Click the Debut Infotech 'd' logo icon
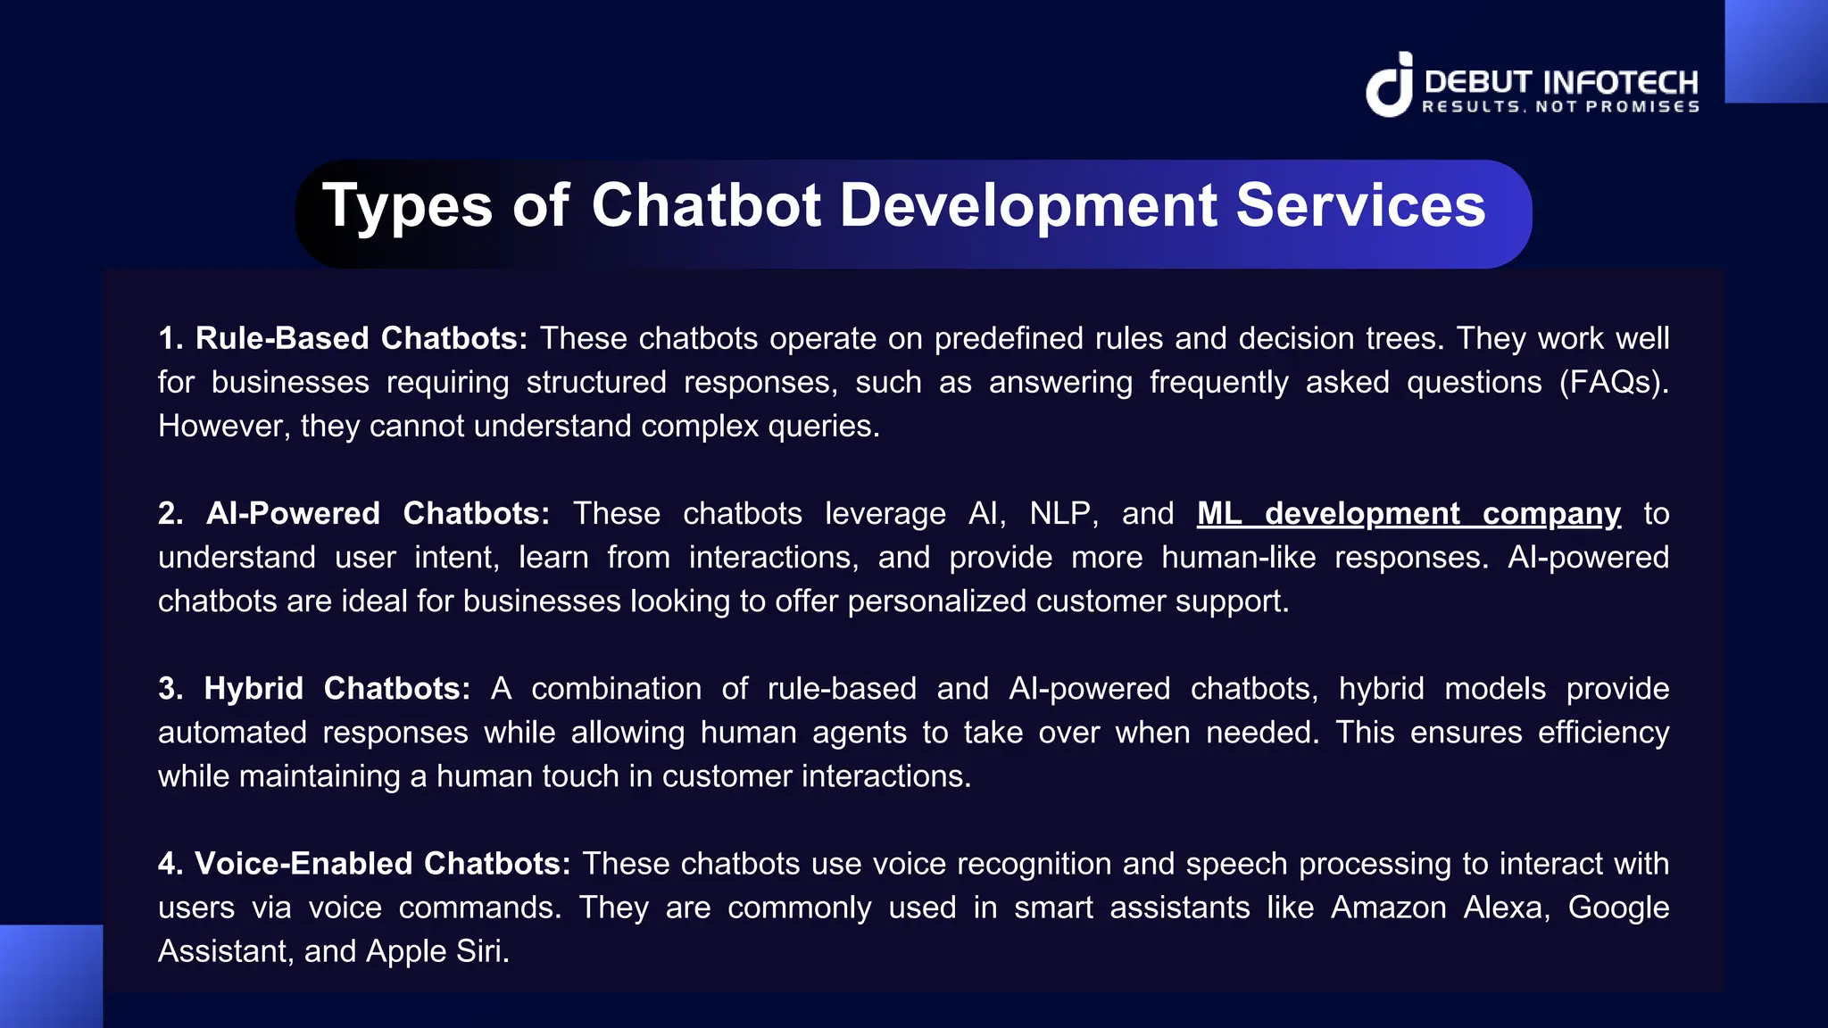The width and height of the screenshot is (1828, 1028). click(x=1390, y=86)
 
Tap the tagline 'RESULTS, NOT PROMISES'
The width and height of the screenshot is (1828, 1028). click(x=1560, y=107)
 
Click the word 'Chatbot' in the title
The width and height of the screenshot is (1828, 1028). click(x=705, y=205)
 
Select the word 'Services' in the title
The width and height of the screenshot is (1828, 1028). click(x=1360, y=205)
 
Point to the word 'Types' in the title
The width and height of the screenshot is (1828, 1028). click(x=407, y=207)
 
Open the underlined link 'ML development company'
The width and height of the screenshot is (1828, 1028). click(x=1408, y=514)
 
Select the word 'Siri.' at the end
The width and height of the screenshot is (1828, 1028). click(x=483, y=951)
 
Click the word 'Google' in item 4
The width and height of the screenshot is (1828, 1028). click(x=1618, y=908)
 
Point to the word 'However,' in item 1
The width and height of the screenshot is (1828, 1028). click(x=224, y=427)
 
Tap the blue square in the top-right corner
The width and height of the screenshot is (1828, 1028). click(x=1776, y=51)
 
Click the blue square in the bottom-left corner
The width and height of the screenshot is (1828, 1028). click(x=51, y=976)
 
